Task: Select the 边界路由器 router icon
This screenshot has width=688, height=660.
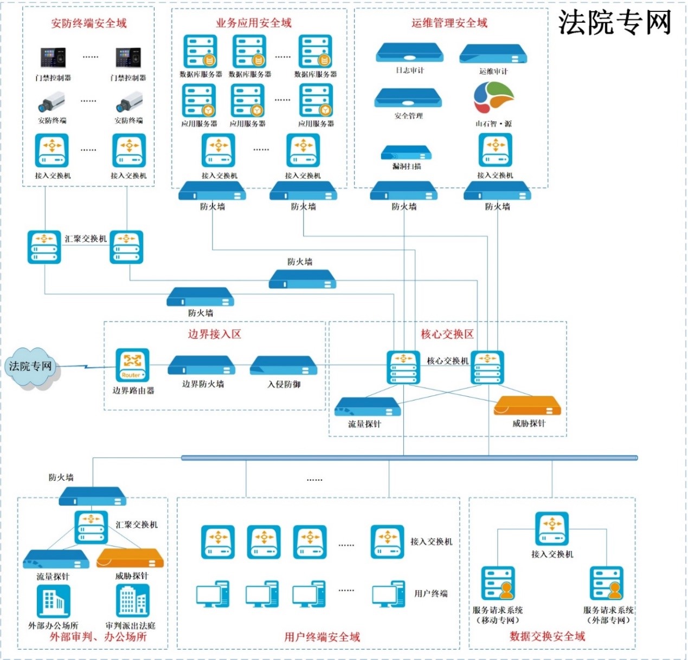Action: pos(132,365)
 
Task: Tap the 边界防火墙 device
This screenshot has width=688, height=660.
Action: pos(201,365)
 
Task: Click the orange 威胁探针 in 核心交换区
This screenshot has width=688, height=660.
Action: pos(527,406)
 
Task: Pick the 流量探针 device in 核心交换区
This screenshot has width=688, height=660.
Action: pos(367,407)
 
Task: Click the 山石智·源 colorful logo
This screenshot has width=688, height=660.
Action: pos(493,98)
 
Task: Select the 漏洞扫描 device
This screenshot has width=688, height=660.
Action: pos(406,153)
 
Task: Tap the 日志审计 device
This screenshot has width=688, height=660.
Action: pos(409,53)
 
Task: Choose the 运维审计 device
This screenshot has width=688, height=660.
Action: pos(493,54)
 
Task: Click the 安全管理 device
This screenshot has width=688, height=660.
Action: pos(408,98)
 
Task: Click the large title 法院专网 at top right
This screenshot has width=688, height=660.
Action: pos(615,23)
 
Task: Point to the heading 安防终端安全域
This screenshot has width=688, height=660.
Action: pos(89,23)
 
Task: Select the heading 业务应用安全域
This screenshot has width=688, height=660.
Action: pos(254,23)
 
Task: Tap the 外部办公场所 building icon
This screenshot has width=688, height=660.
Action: pos(53,601)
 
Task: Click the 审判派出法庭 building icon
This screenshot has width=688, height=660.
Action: pos(132,600)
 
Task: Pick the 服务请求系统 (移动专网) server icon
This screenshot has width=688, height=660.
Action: pos(498,583)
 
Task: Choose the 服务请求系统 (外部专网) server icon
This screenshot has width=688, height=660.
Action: pos(607,583)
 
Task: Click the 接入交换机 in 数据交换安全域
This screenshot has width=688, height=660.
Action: pos(552,528)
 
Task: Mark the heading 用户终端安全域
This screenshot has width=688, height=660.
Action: pos(322,637)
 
